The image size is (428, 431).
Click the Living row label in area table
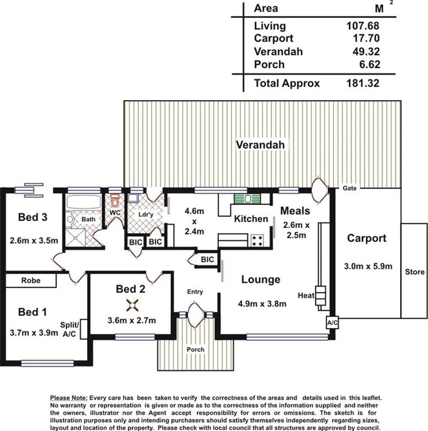pos(270,26)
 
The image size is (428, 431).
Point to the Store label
pos(415,272)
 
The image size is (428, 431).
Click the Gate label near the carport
pos(349,188)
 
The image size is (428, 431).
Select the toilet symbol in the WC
pos(115,201)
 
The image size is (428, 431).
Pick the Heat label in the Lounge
pos(306,295)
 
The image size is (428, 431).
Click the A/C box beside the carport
pos(332,322)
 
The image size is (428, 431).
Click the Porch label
pos(195,350)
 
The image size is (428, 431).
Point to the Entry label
pos(195,291)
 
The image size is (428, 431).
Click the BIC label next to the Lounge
pos(207,259)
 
